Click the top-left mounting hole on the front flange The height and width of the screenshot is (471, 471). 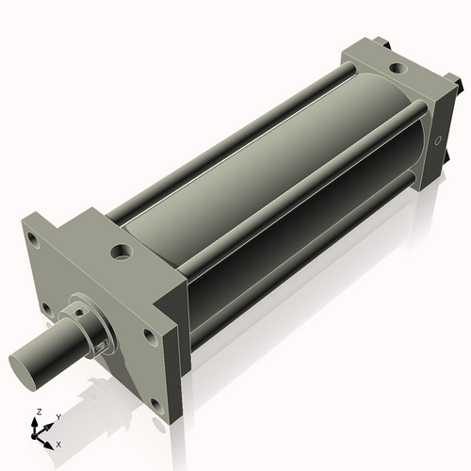tap(34, 239)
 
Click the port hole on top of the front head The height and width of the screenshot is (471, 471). tap(122, 252)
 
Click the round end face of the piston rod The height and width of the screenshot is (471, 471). tap(25, 365)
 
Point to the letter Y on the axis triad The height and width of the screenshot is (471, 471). tap(57, 415)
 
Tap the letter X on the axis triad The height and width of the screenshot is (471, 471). tap(58, 443)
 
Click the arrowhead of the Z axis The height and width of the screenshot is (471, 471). tap(37, 421)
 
